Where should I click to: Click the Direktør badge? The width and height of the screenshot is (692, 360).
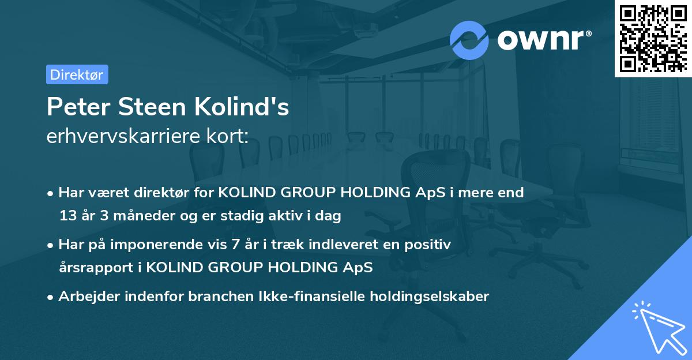pos(77,74)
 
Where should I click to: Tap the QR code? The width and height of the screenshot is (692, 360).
pos(652,38)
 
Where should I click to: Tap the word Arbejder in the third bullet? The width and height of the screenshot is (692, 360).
pos(85,297)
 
